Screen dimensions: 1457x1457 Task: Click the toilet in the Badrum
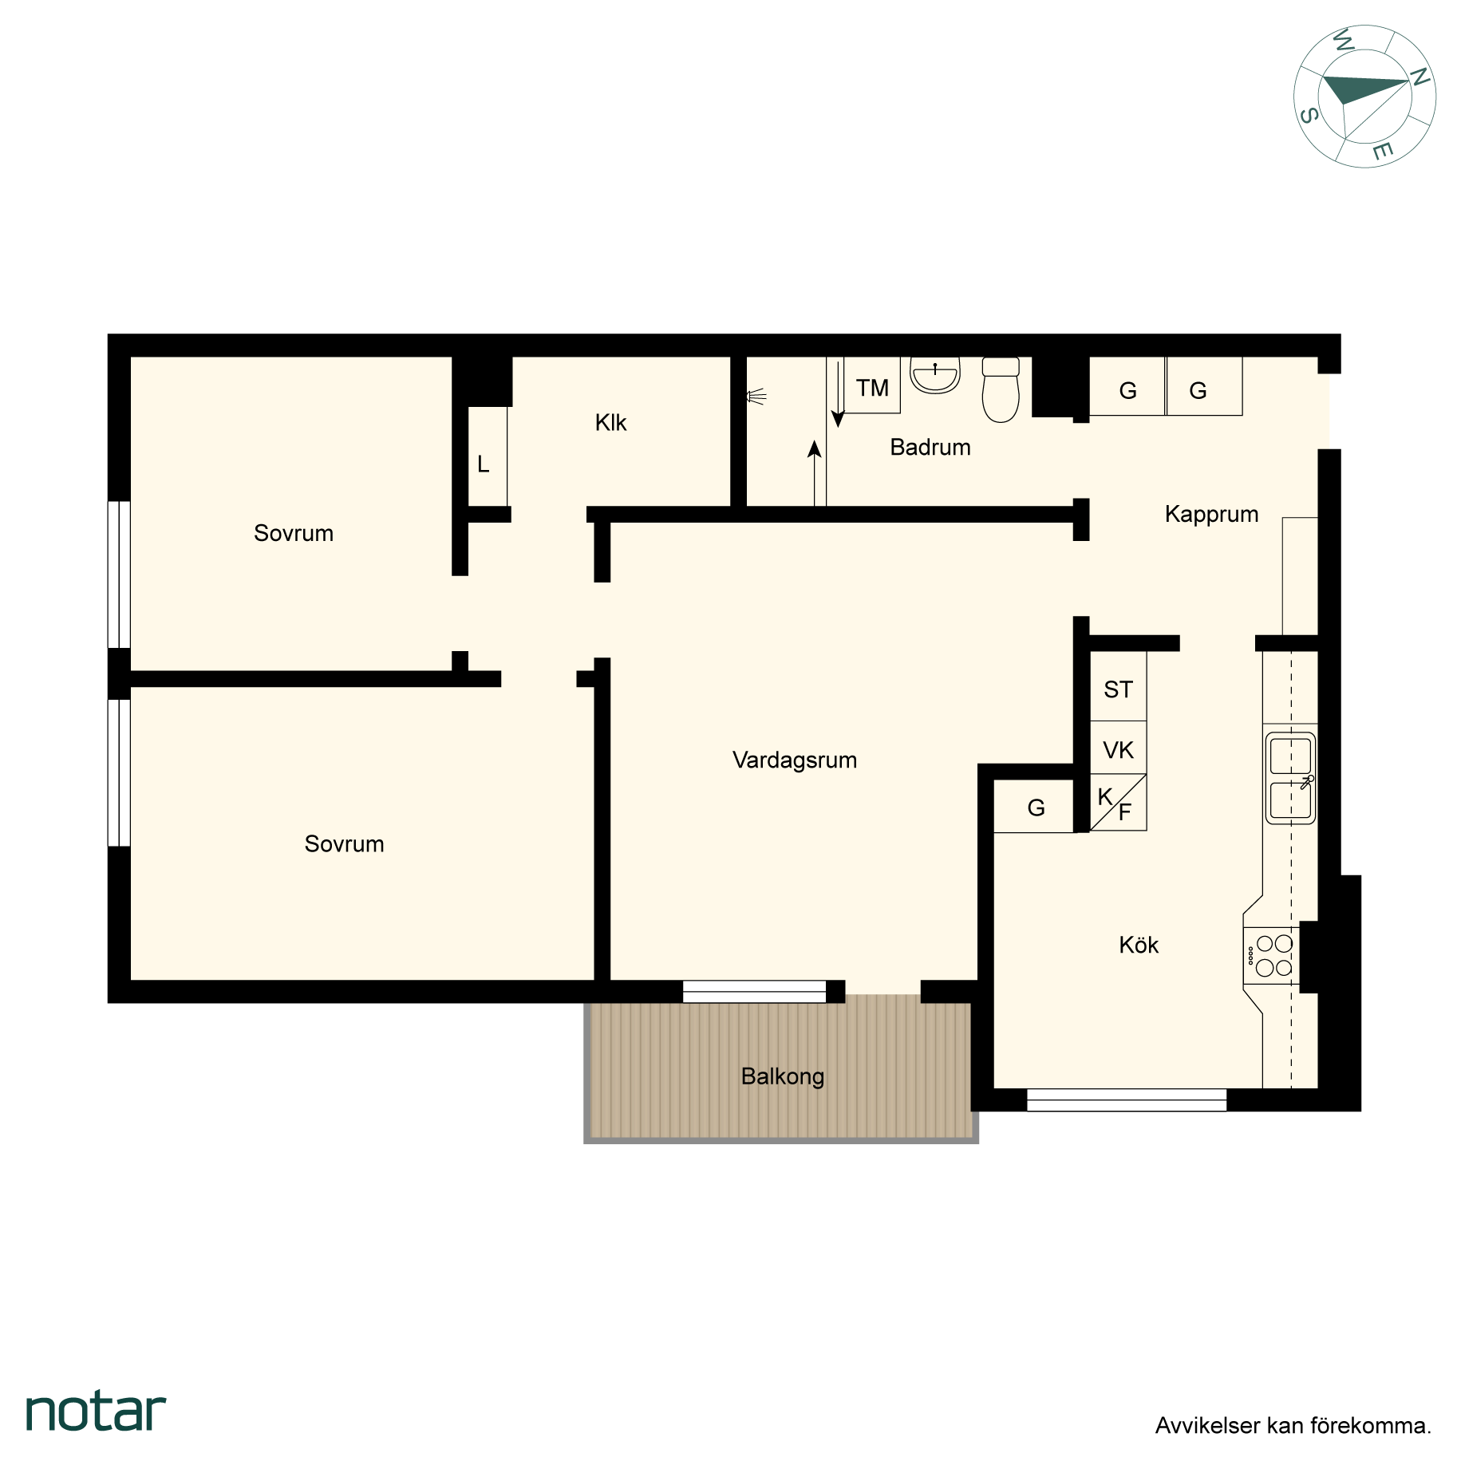point(1001,389)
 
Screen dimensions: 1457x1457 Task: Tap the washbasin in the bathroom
point(935,376)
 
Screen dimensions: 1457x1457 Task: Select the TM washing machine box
point(872,385)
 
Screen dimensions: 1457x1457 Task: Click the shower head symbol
point(756,396)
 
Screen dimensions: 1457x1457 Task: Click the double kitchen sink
point(1290,778)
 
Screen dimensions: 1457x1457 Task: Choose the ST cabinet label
point(1118,689)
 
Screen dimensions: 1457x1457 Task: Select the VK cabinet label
point(1118,750)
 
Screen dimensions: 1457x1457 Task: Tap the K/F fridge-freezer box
point(1119,803)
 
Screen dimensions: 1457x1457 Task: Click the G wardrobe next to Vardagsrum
point(1035,807)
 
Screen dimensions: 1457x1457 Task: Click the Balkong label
point(783,1076)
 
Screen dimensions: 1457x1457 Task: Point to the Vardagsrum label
point(795,760)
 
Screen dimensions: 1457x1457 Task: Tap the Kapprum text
point(1211,514)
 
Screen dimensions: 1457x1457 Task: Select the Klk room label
point(611,422)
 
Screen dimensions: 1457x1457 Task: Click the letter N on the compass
point(1419,77)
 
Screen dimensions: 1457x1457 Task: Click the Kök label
point(1139,945)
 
